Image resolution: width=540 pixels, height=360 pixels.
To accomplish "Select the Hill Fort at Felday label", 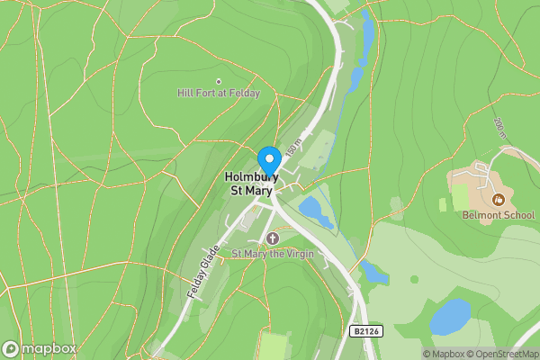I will pyautogui.click(x=219, y=93).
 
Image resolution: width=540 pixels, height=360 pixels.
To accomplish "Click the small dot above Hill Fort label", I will pyautogui.click(x=219, y=81).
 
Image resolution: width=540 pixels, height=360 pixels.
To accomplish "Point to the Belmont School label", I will pyautogui.click(x=498, y=215).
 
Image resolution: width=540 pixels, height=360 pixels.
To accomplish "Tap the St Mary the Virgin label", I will pyautogui.click(x=271, y=254).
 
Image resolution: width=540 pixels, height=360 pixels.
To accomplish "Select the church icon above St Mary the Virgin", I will pyautogui.click(x=271, y=238).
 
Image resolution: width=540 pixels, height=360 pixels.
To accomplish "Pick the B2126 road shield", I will pyautogui.click(x=362, y=332).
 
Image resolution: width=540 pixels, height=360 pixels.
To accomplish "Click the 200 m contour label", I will pyautogui.click(x=500, y=130).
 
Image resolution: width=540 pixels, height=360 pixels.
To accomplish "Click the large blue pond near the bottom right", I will pyautogui.click(x=450, y=317).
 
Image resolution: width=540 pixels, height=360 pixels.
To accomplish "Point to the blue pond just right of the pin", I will pyautogui.click(x=316, y=211).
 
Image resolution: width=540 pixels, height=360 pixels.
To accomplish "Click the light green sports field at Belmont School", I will pyautogui.click(x=461, y=196).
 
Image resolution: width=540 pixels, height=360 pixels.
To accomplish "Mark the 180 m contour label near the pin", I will pyautogui.click(x=294, y=143).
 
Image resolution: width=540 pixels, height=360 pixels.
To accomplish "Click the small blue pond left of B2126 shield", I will pyautogui.click(x=373, y=271).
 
